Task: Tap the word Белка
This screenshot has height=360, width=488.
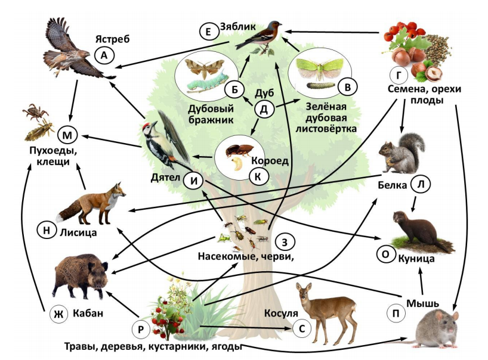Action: tap(393, 185)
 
